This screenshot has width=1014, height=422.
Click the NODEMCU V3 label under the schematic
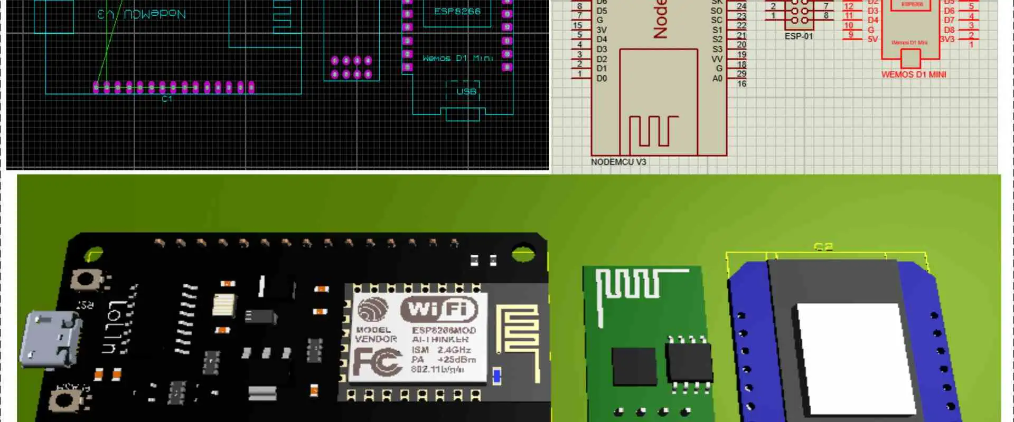pyautogui.click(x=618, y=162)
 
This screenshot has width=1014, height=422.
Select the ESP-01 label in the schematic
pyautogui.click(x=798, y=36)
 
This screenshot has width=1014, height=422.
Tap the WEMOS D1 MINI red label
pyautogui.click(x=913, y=75)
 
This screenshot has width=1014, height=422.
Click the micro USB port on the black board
pyautogui.click(x=50, y=339)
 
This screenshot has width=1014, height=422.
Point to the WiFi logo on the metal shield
pyautogui.click(x=439, y=309)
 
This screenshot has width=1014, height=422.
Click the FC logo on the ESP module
pyautogui.click(x=377, y=362)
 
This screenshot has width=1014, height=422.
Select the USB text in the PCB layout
pyautogui.click(x=466, y=92)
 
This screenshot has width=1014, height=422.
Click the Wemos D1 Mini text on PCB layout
pyautogui.click(x=457, y=58)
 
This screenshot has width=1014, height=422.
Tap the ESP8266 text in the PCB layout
pyautogui.click(x=457, y=11)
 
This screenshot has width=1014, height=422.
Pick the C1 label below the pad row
pyautogui.click(x=166, y=99)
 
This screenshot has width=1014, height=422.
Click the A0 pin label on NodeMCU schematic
pyautogui.click(x=717, y=79)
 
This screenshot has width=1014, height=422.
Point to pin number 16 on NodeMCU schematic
pyautogui.click(x=741, y=84)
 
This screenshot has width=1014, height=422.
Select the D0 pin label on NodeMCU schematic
pyautogui.click(x=602, y=79)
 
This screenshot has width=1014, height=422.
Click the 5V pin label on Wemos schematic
pyautogui.click(x=872, y=39)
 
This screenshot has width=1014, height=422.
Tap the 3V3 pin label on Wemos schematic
pyautogui.click(x=947, y=39)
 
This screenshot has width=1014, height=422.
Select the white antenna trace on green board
pyautogui.click(x=628, y=285)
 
